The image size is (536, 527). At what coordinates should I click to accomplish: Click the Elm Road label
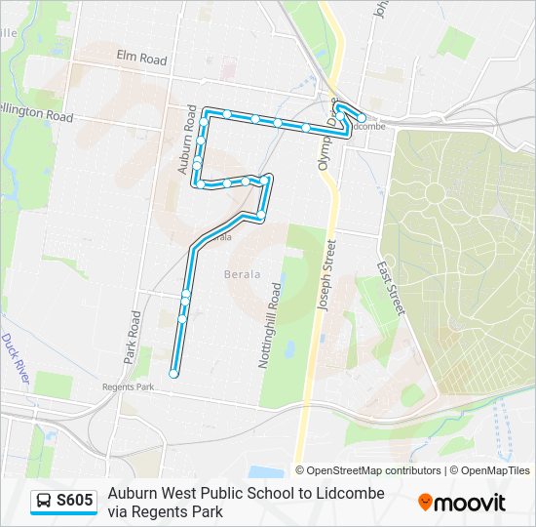(141, 60)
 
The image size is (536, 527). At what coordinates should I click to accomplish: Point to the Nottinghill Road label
(270, 325)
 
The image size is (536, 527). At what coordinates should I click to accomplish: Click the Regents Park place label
(129, 386)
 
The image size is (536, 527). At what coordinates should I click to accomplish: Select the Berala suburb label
(243, 274)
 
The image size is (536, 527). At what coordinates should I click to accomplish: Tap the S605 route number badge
(75, 502)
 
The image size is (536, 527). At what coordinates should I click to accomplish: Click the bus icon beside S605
(45, 502)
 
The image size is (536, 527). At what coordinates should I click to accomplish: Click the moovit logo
(462, 503)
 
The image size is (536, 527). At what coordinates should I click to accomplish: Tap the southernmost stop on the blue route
(173, 373)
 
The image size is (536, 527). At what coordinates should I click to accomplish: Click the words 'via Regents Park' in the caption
(166, 511)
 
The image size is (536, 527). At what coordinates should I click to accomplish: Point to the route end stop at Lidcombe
(362, 118)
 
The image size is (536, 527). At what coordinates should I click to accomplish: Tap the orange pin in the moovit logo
(425, 503)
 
